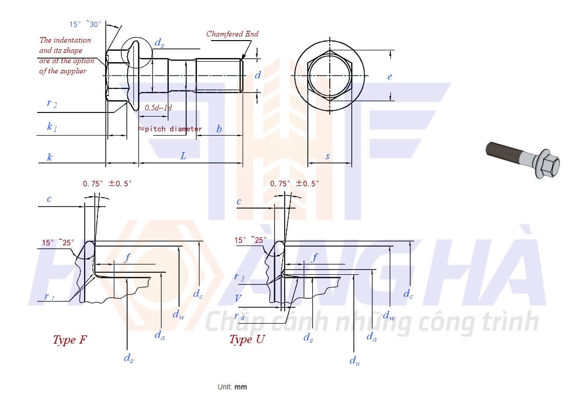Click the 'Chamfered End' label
[x=232, y=34]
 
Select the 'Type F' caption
[x=70, y=340]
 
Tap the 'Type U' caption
[x=247, y=339]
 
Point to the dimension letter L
[x=183, y=156]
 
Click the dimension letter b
[x=219, y=129]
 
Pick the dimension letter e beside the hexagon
[x=389, y=77]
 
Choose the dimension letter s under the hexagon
[x=327, y=156]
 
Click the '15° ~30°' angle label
[x=85, y=24]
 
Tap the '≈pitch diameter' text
[x=170, y=129]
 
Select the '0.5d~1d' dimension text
[x=158, y=107]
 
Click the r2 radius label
[x=52, y=103]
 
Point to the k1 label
[x=52, y=127]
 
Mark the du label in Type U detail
[x=354, y=360]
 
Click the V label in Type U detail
[x=238, y=298]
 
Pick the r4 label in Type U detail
[x=240, y=316]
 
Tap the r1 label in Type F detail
[x=49, y=296]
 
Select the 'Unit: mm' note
[x=232, y=387]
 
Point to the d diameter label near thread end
[x=258, y=76]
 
